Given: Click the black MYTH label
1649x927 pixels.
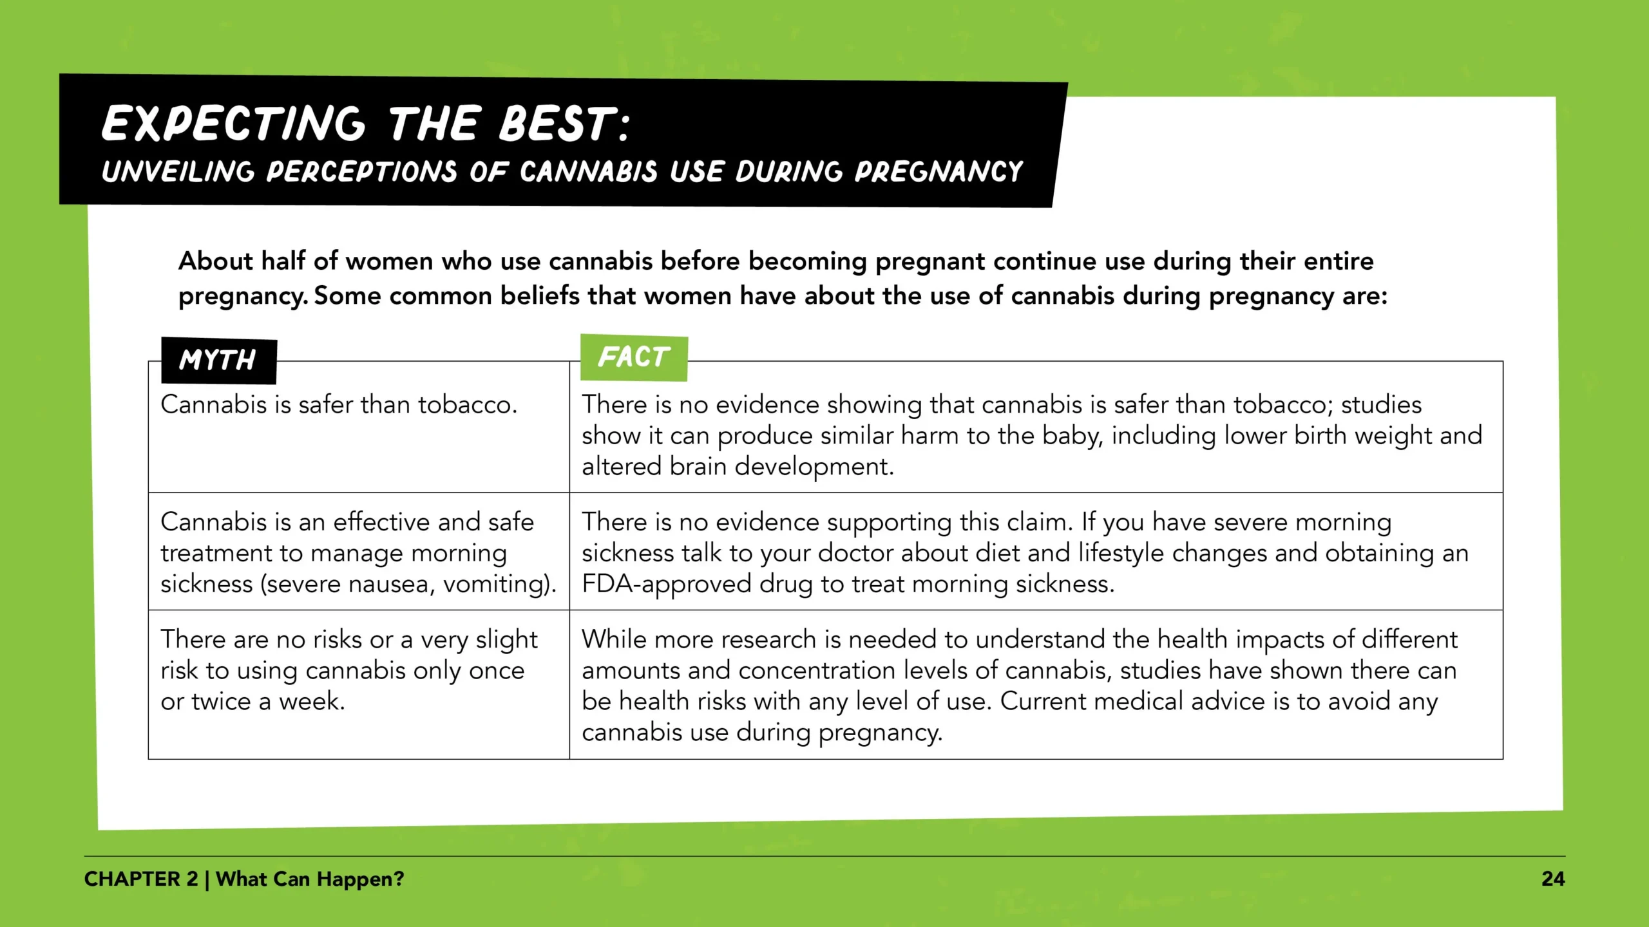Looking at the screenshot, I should pyautogui.click(x=218, y=360).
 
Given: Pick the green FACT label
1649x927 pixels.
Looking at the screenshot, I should pyautogui.click(x=634, y=357).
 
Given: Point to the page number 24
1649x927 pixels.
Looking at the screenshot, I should pyautogui.click(x=1553, y=879).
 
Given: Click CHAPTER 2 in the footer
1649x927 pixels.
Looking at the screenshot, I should pyautogui.click(x=141, y=879).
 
